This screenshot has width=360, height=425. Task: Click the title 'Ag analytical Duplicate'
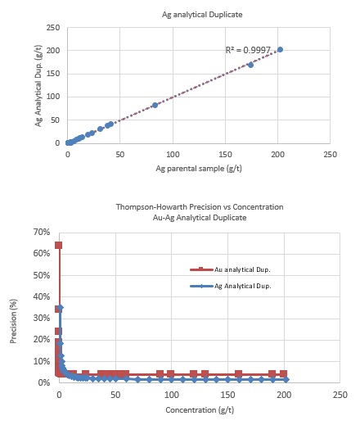coord(202,15)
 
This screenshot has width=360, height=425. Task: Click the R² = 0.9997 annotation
coord(248,50)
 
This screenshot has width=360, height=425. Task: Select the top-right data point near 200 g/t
coord(280,50)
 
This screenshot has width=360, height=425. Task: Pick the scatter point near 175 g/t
coord(250,65)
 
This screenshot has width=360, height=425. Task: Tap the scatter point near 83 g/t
coord(155,105)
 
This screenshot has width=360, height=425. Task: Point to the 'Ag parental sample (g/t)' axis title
coord(199,169)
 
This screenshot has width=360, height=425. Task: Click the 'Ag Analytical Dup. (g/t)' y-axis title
coord(38,85)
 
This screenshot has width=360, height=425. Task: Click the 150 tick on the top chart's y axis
coord(53,74)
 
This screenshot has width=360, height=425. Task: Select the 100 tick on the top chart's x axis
coord(173,155)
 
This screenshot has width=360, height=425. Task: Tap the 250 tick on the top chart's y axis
coord(53,28)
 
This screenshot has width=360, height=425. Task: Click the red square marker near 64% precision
coord(59,245)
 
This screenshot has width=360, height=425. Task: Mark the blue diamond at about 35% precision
coord(61,308)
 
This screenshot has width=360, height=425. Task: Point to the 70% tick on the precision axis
coord(42,232)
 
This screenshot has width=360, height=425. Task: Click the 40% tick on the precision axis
coord(42,296)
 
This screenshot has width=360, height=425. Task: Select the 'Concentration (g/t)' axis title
coord(200,410)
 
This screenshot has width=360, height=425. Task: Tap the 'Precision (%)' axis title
coord(13,321)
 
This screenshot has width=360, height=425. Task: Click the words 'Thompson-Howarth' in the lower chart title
coord(151,207)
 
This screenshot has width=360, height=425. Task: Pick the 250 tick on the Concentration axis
coord(340,395)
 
